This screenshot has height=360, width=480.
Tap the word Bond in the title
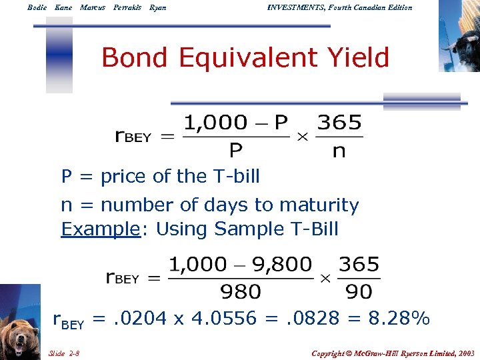tap(131, 59)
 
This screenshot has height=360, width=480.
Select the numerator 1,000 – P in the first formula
tap(235, 123)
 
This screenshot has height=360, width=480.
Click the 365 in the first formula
tap(339, 123)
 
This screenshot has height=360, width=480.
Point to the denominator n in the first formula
tap(339, 151)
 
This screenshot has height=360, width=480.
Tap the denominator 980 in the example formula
tap(240, 291)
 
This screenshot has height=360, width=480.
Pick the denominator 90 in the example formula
tap(359, 291)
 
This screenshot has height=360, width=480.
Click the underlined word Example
tap(100, 229)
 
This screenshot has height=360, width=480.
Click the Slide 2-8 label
tap(64, 351)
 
